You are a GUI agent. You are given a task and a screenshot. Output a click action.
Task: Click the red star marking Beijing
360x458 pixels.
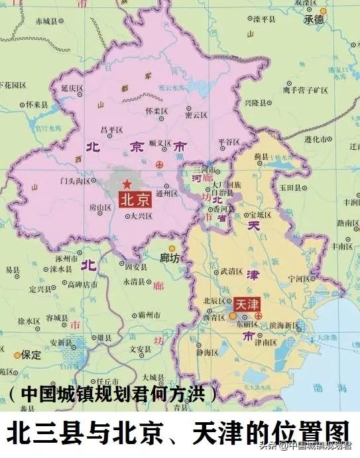point(127,183)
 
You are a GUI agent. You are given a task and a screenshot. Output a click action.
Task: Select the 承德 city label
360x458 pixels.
point(314,19)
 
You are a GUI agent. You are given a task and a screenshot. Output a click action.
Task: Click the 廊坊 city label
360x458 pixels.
point(170,257)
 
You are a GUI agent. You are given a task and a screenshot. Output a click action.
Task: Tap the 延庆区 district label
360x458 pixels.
point(71,87)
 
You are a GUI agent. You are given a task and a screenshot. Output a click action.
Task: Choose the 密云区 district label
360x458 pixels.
point(198,114)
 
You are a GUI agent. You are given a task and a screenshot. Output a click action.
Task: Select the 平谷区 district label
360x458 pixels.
point(229,141)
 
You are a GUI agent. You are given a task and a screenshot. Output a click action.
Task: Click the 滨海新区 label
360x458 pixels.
point(283,326)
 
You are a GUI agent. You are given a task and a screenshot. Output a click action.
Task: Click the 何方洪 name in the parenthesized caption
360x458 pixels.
point(188,393)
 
